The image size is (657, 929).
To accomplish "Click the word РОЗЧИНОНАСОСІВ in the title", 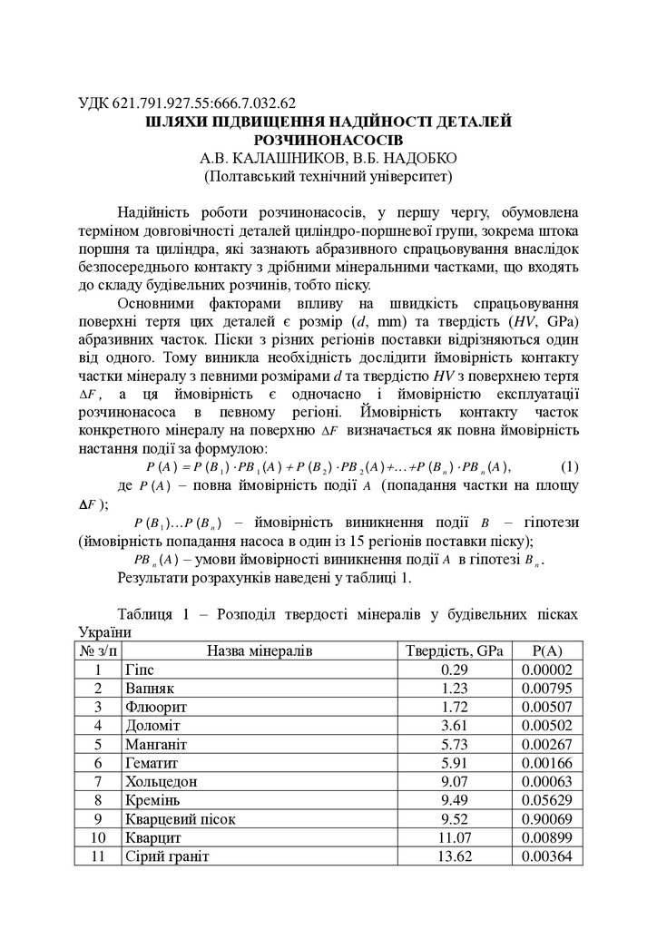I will pyautogui.click(x=328, y=140).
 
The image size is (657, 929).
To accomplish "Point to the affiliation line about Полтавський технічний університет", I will pyautogui.click(x=328, y=176).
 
